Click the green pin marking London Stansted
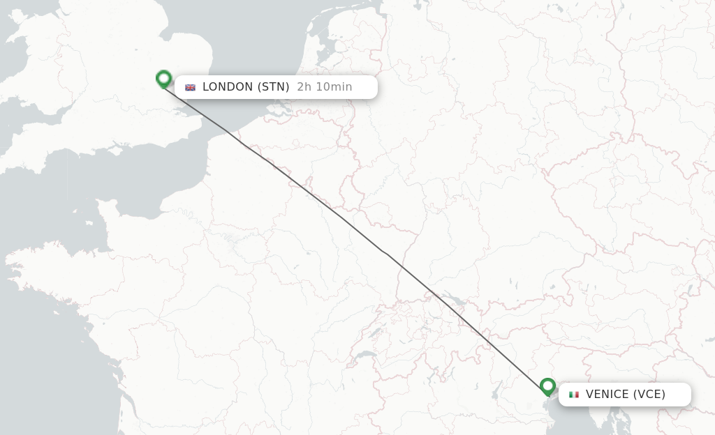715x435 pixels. click(163, 79)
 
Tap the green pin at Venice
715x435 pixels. click(547, 386)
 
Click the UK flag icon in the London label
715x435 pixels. click(190, 87)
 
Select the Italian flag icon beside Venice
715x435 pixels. click(574, 395)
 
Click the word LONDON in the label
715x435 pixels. click(227, 87)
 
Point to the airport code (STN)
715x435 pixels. click(274, 87)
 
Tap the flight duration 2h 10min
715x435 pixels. click(324, 87)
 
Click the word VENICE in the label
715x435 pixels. click(607, 395)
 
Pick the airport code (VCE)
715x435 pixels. click(649, 395)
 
